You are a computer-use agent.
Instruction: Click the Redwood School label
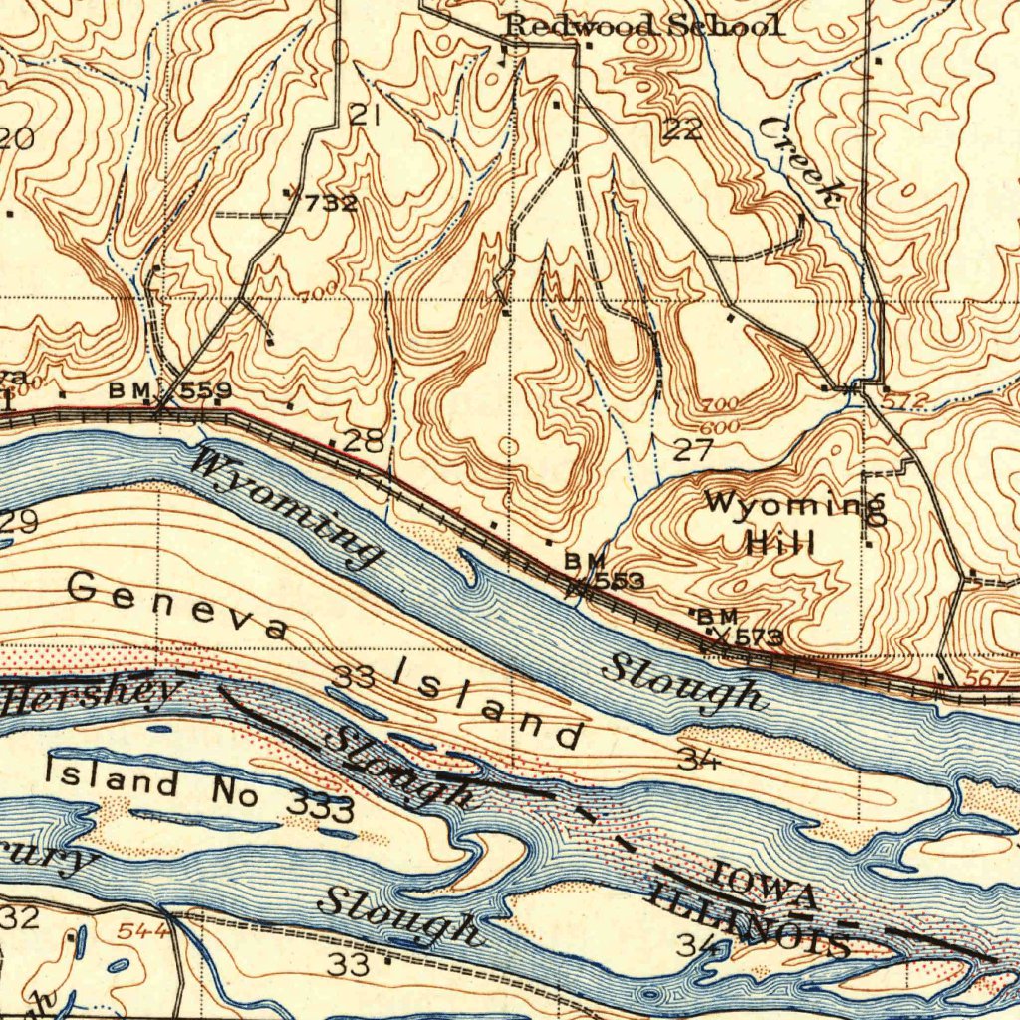pos(643,26)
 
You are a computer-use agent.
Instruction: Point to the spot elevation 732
pos(330,204)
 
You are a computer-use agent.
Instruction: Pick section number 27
pos(692,449)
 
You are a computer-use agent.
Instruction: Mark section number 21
pos(366,115)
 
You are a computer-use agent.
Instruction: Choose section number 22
pos(683,128)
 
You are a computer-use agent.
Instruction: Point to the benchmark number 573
pos(757,637)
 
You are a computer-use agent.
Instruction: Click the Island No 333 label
pos(199,788)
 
